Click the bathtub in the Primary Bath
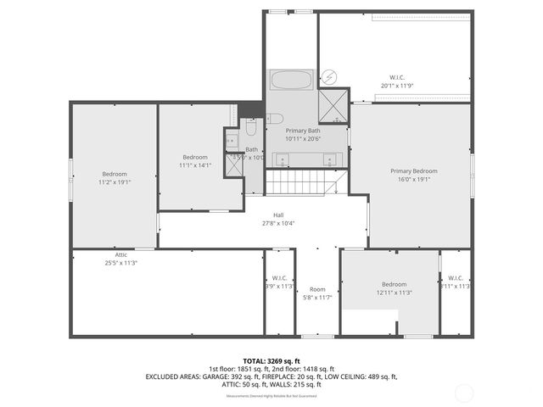tap(291, 81)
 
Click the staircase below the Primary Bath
tap(305, 182)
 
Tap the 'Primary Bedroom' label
tap(411, 170)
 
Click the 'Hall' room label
tap(278, 215)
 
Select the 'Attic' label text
tap(121, 254)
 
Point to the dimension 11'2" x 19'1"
tap(114, 181)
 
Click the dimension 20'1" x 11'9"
tap(396, 85)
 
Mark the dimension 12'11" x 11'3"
tap(394, 293)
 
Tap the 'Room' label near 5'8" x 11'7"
tap(316, 289)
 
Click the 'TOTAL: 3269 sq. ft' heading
tap(271, 360)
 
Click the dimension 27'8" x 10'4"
tap(278, 223)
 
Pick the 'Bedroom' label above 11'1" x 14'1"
tap(195, 157)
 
